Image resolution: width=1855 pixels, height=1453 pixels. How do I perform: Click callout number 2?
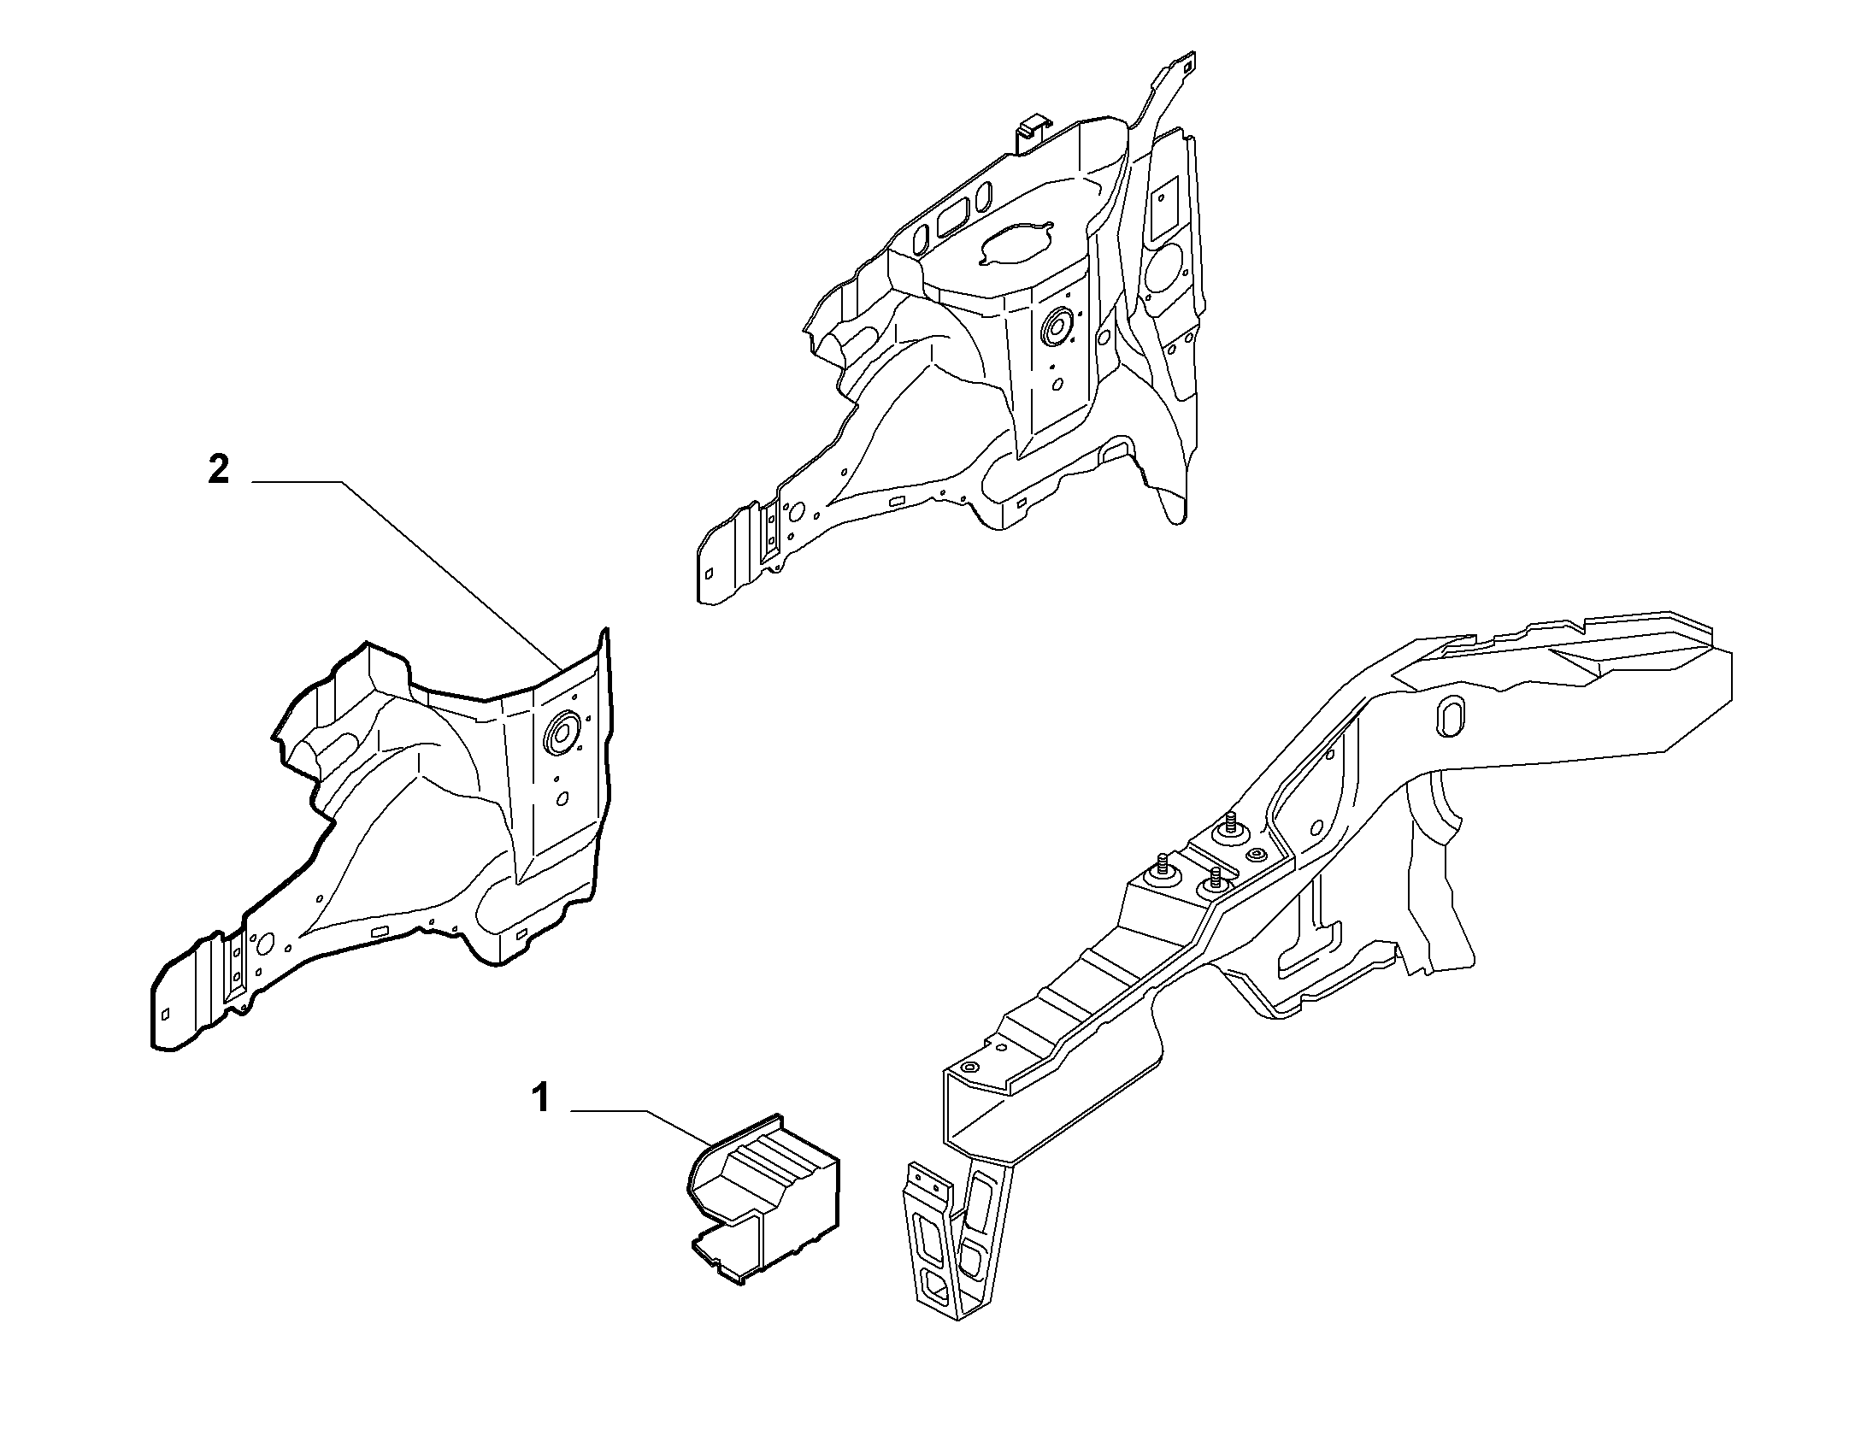[x=218, y=470]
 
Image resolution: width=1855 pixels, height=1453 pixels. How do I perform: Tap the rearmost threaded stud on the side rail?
[x=1231, y=826]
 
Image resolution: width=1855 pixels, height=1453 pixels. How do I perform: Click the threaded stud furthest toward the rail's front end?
[x=1162, y=868]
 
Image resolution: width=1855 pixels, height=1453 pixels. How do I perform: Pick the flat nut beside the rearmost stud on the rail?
[x=1256, y=856]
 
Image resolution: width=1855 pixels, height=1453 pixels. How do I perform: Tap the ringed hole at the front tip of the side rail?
[x=968, y=1068]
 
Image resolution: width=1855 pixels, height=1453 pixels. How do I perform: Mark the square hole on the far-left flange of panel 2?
[x=166, y=1014]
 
